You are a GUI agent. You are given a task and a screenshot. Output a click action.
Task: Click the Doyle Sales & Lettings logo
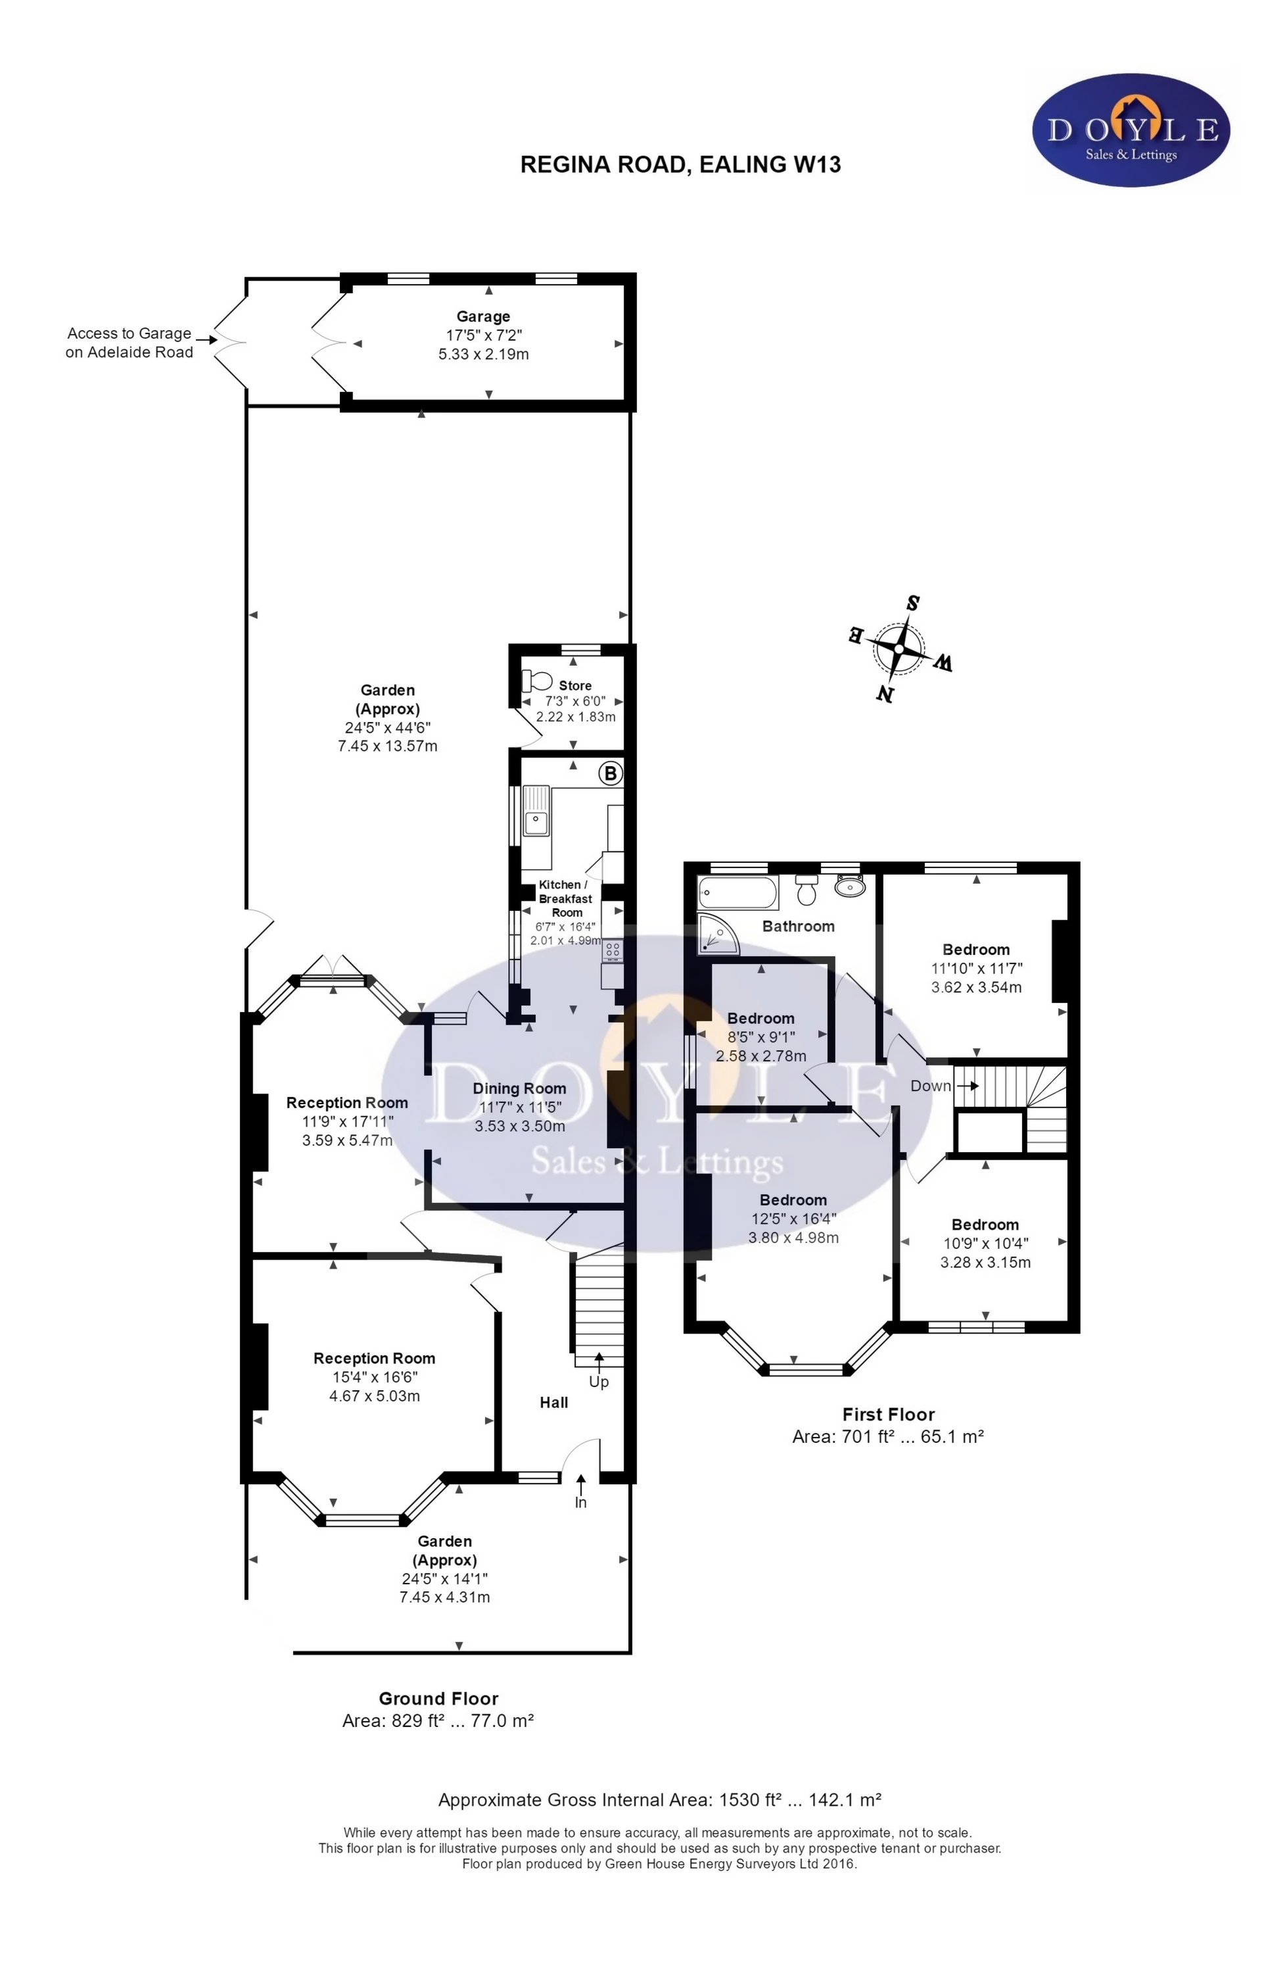(1131, 130)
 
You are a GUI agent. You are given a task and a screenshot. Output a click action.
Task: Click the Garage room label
(484, 316)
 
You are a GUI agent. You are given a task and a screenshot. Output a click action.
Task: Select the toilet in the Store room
(537, 681)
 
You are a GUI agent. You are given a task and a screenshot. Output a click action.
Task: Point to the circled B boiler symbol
(611, 773)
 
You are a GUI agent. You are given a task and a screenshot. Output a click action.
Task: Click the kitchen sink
(537, 811)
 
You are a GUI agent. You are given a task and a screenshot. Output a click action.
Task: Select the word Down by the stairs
(931, 1086)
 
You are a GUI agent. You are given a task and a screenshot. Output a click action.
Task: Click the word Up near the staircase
(599, 1382)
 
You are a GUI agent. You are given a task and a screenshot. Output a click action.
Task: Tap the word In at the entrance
(581, 1503)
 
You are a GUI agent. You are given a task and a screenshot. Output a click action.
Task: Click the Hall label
(554, 1403)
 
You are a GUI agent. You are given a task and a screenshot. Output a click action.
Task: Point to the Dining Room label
(519, 1089)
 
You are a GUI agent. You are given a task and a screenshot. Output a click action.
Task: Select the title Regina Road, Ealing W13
(681, 165)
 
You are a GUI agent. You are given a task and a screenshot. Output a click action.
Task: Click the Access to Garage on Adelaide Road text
(129, 343)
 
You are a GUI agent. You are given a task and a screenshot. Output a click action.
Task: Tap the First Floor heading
(888, 1415)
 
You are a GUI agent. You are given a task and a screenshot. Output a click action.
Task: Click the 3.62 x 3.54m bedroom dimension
(976, 988)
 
